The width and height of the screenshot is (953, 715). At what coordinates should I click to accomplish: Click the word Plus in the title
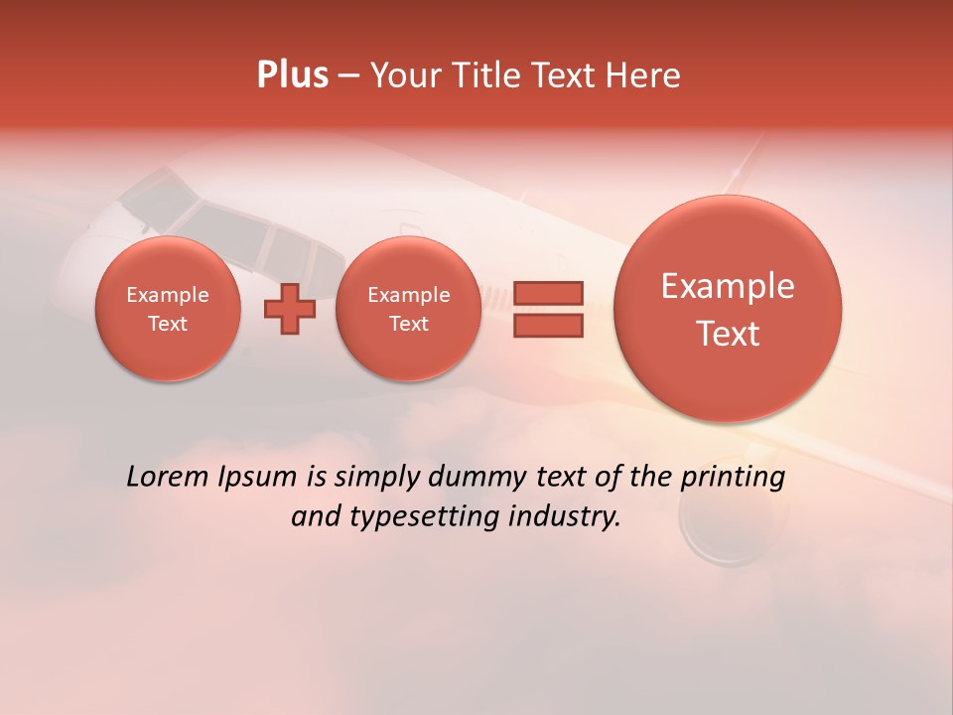292,75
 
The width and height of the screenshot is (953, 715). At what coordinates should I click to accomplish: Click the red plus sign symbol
289,309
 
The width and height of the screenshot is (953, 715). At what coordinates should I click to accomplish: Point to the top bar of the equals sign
548,293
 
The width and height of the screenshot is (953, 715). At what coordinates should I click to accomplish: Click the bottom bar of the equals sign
548,325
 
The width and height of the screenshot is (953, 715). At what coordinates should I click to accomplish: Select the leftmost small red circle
168,309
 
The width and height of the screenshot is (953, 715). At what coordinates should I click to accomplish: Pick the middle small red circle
408,309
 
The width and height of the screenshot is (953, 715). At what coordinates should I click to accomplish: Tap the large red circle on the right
728,309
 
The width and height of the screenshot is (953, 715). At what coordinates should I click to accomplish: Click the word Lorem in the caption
165,477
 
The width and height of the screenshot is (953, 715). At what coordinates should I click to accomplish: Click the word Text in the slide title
567,75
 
